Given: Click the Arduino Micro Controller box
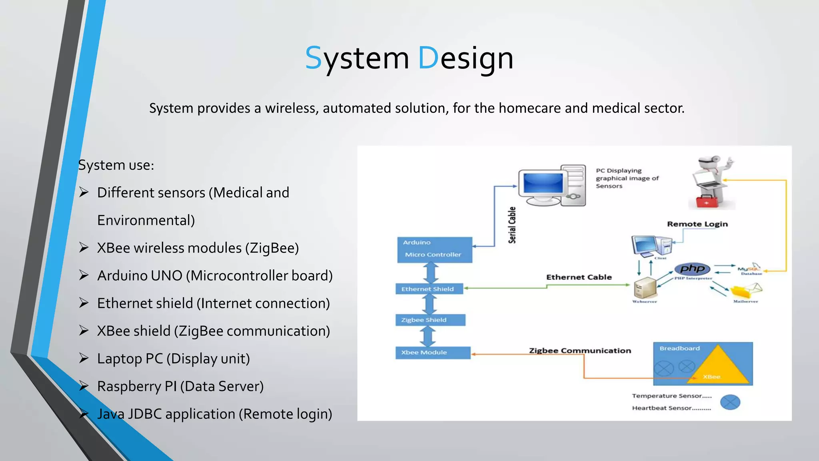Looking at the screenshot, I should click(434, 250).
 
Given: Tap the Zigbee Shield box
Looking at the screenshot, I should click(430, 320).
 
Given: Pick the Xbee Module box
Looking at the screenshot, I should click(433, 352).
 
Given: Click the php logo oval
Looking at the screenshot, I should click(692, 269).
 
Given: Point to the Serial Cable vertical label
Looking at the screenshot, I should click(512, 225).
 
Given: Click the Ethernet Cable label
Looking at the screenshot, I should click(579, 277).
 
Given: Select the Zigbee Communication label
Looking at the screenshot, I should click(580, 351).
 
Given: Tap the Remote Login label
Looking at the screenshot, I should click(697, 224).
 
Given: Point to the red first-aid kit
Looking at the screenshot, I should click(707, 202).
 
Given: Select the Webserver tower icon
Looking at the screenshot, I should click(645, 288).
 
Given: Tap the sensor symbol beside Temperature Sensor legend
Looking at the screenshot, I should click(730, 402).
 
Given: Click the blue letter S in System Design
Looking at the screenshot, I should click(313, 58).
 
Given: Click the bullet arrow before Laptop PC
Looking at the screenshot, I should click(84, 358).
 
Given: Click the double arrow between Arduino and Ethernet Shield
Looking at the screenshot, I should click(431, 273).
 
